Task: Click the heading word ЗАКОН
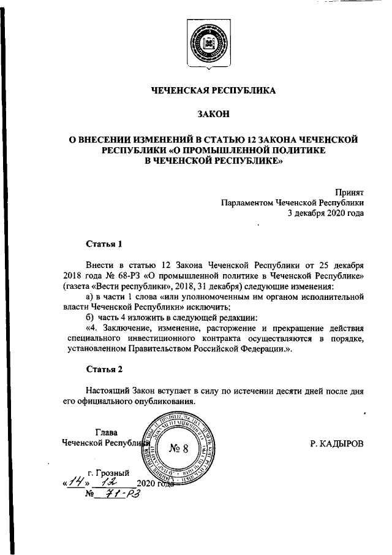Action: [x=214, y=115]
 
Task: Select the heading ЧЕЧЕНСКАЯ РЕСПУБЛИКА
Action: [x=214, y=91]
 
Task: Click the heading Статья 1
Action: [x=104, y=243]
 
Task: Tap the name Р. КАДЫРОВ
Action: [x=336, y=442]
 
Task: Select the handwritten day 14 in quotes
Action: [x=77, y=482]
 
